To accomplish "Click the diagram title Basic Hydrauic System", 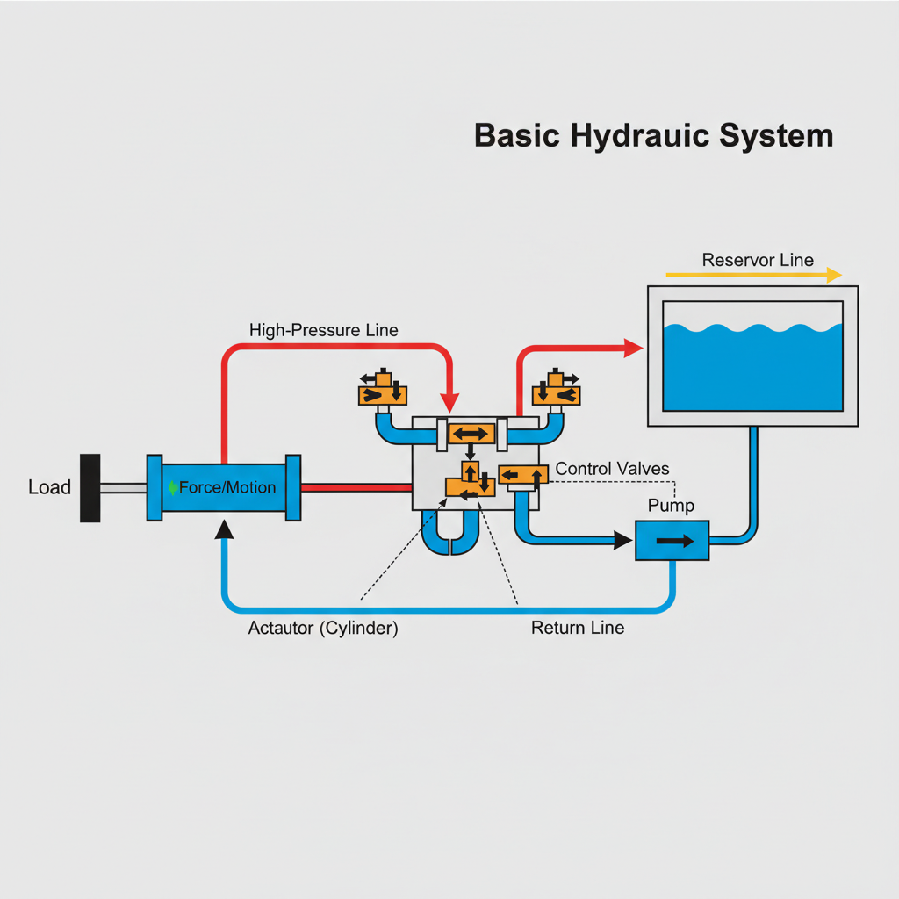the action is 653,136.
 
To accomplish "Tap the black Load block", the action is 90,488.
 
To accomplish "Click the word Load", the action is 49,487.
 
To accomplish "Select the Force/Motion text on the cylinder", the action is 227,487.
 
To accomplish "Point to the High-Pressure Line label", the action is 323,330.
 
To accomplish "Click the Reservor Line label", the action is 758,260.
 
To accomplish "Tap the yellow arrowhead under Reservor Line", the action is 834,275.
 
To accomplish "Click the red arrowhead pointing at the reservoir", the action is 634,348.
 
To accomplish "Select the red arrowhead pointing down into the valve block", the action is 449,402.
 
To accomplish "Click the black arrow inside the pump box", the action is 675,541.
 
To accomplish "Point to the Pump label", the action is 671,506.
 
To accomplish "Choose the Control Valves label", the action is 612,469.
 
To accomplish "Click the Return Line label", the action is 578,628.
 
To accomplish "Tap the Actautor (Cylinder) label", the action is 323,629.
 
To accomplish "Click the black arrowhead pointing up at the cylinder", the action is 224,529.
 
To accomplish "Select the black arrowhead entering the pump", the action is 622,540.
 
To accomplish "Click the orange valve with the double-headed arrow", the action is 471,434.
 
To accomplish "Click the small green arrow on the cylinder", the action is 172,488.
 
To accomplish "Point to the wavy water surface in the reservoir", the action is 752,328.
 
